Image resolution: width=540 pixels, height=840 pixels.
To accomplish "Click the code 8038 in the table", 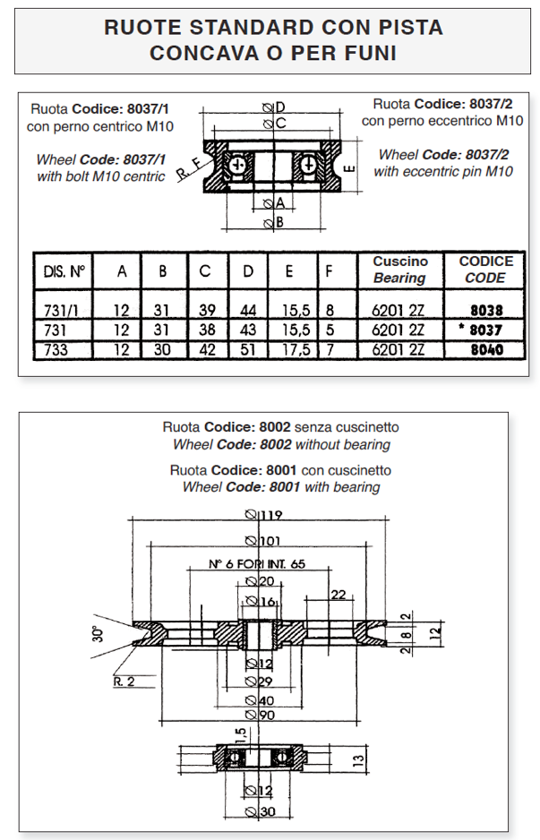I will pos(484,312).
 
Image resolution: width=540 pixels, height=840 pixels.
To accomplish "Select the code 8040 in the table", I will pos(484,349).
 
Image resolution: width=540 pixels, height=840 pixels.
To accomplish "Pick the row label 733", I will pos(56,349).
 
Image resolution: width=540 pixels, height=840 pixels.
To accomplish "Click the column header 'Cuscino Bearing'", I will pos(399,270).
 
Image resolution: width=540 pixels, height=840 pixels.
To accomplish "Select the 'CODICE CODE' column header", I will pos(485,270).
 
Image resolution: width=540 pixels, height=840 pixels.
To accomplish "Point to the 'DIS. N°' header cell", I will pos(63,270).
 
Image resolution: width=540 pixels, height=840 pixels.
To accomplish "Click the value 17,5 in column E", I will pos(295,349).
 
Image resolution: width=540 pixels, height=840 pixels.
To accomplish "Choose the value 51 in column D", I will pos(248,349).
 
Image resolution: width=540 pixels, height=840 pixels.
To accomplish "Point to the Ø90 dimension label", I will pos(261,715).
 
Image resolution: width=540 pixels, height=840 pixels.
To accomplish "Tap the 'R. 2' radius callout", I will pos(124,681).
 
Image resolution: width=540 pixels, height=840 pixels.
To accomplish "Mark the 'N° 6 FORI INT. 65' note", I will pos(257,564).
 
